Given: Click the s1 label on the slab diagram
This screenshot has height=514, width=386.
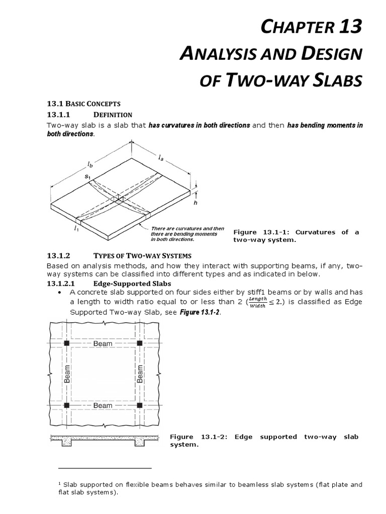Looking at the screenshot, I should (87, 177).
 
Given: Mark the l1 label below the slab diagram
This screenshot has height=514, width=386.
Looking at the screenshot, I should (76, 230).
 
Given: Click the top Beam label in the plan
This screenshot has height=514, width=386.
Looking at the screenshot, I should (103, 344).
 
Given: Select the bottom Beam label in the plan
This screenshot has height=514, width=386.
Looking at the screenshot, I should (103, 405).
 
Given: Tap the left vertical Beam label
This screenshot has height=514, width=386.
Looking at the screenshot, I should (67, 374).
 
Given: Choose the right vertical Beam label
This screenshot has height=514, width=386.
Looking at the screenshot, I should (140, 374).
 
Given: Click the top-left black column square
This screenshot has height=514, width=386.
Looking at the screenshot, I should (66, 343).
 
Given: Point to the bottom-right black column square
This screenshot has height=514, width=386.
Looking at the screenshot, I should (139, 405).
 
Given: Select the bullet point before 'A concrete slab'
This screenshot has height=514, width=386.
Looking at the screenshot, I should (60, 292).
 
